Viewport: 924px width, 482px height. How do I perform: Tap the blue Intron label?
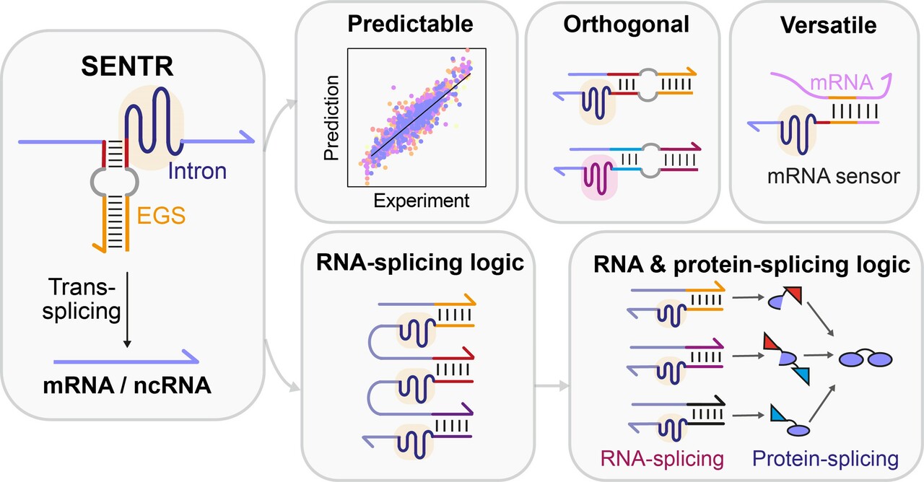(198, 172)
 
